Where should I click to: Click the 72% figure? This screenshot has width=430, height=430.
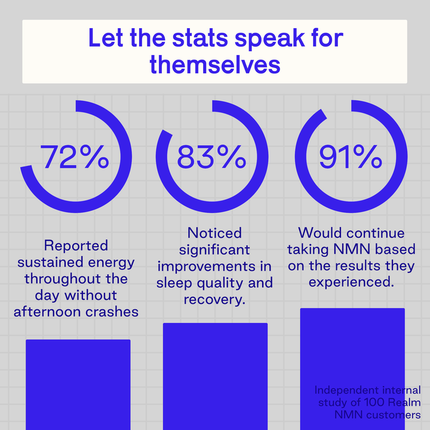(x=74, y=158)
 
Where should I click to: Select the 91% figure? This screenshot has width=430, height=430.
(x=350, y=158)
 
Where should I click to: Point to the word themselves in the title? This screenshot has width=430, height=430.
(x=215, y=64)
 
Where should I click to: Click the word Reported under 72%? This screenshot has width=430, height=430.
(x=76, y=245)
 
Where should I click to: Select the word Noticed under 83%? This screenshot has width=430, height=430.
(x=214, y=232)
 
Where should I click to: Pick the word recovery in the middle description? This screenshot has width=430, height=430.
(x=213, y=299)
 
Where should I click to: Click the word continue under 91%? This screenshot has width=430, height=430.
(x=371, y=232)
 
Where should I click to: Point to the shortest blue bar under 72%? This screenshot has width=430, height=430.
(x=78, y=385)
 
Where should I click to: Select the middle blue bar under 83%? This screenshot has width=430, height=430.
(x=215, y=376)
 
